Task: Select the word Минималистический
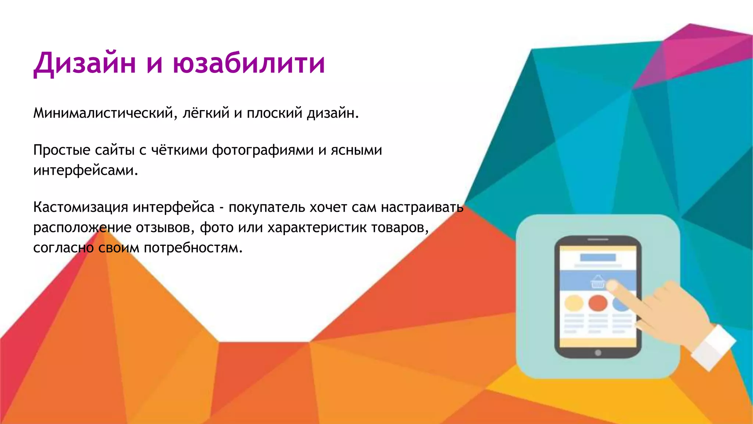(103, 113)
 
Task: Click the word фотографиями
(263, 150)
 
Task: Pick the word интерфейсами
(85, 170)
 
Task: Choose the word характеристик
(317, 227)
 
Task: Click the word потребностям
(193, 248)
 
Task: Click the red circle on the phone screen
(597, 303)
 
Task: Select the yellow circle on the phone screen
(574, 303)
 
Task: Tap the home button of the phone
(598, 353)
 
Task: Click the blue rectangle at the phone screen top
(597, 257)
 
